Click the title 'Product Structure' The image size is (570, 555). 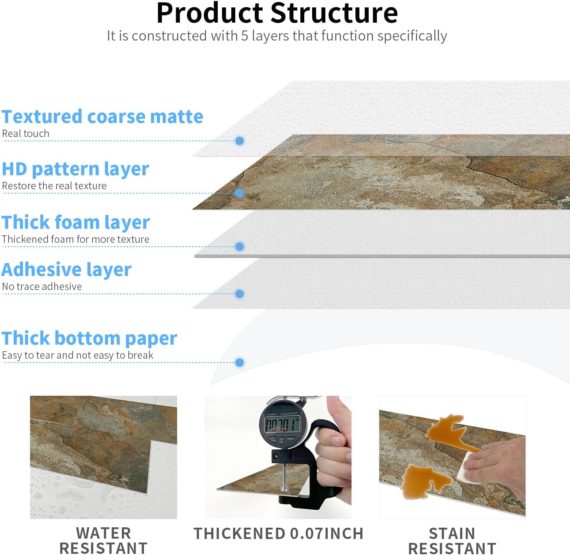(x=277, y=13)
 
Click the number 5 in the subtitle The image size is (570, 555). (x=245, y=36)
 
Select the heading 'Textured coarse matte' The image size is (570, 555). (x=102, y=117)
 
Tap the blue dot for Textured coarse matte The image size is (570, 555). (x=240, y=141)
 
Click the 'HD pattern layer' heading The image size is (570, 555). (x=75, y=169)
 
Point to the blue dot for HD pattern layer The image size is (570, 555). (x=240, y=193)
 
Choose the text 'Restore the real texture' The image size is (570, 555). (x=54, y=186)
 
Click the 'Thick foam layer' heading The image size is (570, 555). (x=76, y=222)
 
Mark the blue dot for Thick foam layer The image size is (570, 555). (x=240, y=246)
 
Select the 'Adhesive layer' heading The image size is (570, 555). (x=66, y=270)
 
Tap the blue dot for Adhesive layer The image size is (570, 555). (x=240, y=294)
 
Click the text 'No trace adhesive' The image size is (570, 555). (x=42, y=286)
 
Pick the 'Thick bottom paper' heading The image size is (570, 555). (x=89, y=338)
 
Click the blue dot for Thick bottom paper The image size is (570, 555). (x=240, y=363)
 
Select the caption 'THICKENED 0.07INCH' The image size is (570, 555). (x=278, y=533)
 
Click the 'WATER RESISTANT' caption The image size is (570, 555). (x=103, y=540)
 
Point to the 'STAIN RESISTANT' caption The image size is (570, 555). (x=452, y=540)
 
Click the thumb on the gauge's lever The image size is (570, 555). (x=337, y=410)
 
